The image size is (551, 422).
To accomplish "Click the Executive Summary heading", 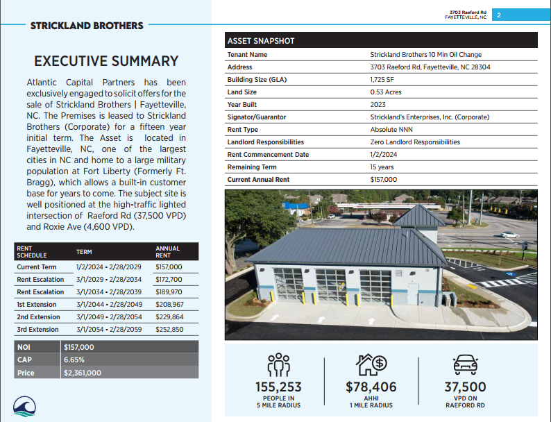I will tap(106, 61).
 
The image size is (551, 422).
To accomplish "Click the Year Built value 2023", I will tap(379, 104).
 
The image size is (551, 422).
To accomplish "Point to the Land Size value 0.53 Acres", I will tap(386, 92).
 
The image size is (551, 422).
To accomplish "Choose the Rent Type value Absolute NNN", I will tap(392, 129).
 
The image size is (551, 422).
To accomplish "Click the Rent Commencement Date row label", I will tap(268, 154).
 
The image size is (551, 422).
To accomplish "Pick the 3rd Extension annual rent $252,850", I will tap(169, 329).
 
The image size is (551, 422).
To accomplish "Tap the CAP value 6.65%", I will tap(74, 360).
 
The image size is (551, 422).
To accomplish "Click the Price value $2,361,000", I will tap(83, 373).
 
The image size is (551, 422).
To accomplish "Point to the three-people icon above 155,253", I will tap(278, 364).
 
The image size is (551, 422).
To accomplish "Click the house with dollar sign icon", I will tap(371, 364).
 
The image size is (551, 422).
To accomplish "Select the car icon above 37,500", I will tap(465, 364).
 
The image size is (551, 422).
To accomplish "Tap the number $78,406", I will tap(371, 387).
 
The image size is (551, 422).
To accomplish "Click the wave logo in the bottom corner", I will tap(25, 407).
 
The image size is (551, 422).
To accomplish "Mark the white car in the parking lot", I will tap(510, 235).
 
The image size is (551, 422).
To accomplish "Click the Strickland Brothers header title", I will tap(87, 26).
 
